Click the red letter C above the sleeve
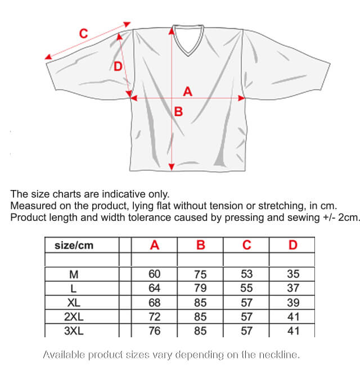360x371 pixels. (x=83, y=34)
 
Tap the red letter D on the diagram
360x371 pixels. (x=118, y=67)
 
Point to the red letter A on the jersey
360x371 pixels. (x=188, y=91)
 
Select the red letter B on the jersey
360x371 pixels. (x=179, y=112)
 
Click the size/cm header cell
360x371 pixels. (x=74, y=245)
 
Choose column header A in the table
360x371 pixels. (x=155, y=245)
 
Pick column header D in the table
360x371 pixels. (x=292, y=245)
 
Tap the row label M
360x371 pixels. (x=74, y=274)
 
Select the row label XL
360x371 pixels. (x=74, y=302)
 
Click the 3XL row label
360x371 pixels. (x=74, y=331)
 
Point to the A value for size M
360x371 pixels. (x=155, y=274)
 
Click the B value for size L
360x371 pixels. (x=201, y=288)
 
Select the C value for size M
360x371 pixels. (x=246, y=274)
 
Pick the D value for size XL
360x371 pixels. (x=292, y=302)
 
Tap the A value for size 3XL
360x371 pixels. (x=155, y=331)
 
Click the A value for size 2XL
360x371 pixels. (x=155, y=316)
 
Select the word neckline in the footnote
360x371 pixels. (x=280, y=355)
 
